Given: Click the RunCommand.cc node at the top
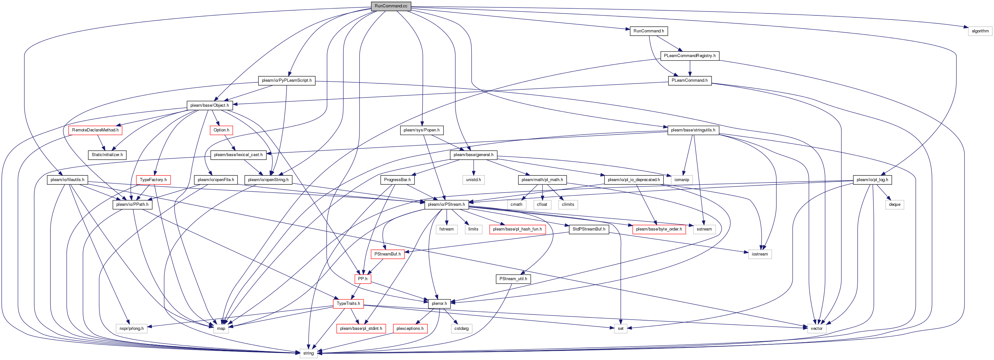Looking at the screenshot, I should click(391, 6).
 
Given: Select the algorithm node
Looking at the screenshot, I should click(980, 31).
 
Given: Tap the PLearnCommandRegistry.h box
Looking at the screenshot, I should click(690, 55).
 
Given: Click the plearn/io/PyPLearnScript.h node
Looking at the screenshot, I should click(286, 80).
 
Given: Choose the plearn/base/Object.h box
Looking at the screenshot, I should click(209, 105).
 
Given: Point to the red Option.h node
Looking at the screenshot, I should click(221, 130).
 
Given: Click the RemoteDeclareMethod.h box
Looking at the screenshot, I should click(95, 130).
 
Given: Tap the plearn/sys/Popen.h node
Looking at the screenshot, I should click(421, 130).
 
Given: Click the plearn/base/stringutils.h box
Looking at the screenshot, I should click(693, 130).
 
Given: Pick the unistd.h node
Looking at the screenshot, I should click(474, 180).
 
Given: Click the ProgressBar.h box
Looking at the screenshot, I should click(397, 180).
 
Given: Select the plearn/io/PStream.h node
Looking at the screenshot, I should click(446, 205).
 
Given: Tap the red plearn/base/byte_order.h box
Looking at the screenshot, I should click(659, 229).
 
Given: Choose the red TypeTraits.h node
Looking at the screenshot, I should click(348, 304).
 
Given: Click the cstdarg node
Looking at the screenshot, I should click(461, 328).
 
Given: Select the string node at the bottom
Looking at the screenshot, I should click(308, 353).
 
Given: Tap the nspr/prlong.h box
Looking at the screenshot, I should click(131, 328).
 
